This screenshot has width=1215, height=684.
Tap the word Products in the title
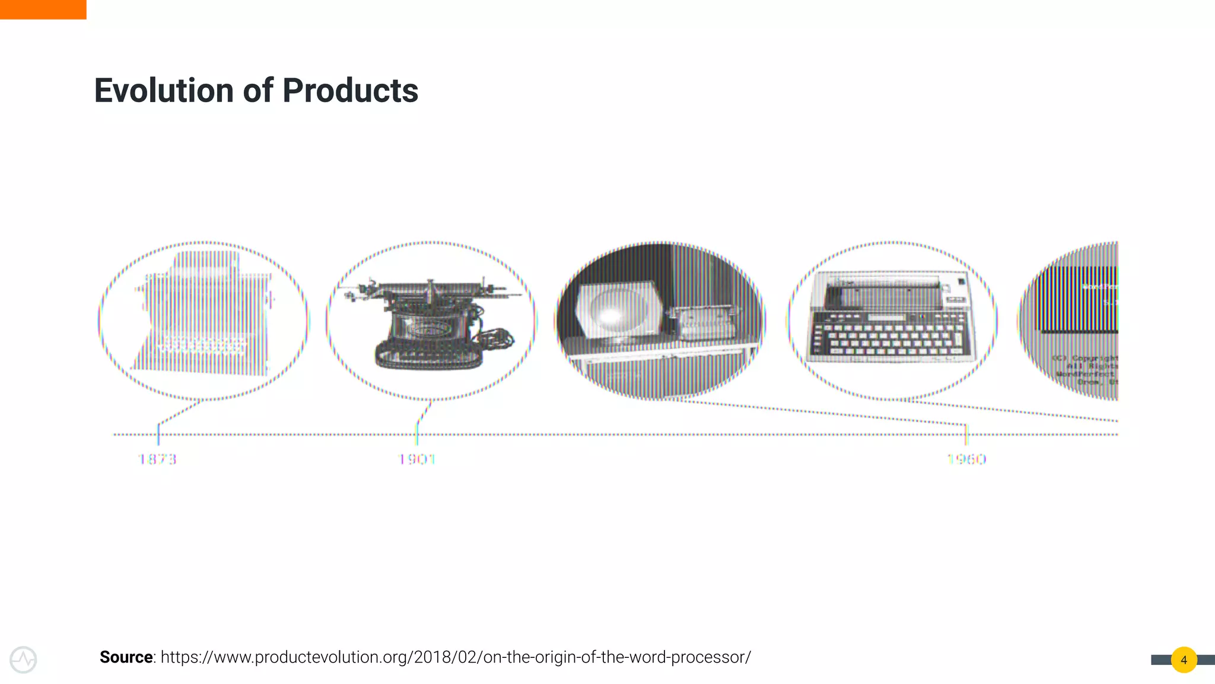click(x=350, y=91)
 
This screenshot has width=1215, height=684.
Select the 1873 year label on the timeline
click(x=157, y=459)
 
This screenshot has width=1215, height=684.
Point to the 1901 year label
click(x=416, y=459)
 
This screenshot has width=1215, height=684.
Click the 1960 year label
click(x=966, y=459)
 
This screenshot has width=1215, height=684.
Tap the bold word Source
click(x=126, y=657)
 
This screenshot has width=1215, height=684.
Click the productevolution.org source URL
click(x=456, y=657)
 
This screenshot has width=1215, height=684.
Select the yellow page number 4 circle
click(x=1184, y=660)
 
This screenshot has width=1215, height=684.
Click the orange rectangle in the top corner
click(x=43, y=9)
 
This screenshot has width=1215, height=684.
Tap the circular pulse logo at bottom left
click(x=23, y=660)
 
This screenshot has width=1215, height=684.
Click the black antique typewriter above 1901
click(x=430, y=324)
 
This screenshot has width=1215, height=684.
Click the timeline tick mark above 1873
click(x=158, y=433)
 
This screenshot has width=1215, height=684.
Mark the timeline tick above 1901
click(x=417, y=433)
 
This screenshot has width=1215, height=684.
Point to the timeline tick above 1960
click(x=966, y=433)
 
